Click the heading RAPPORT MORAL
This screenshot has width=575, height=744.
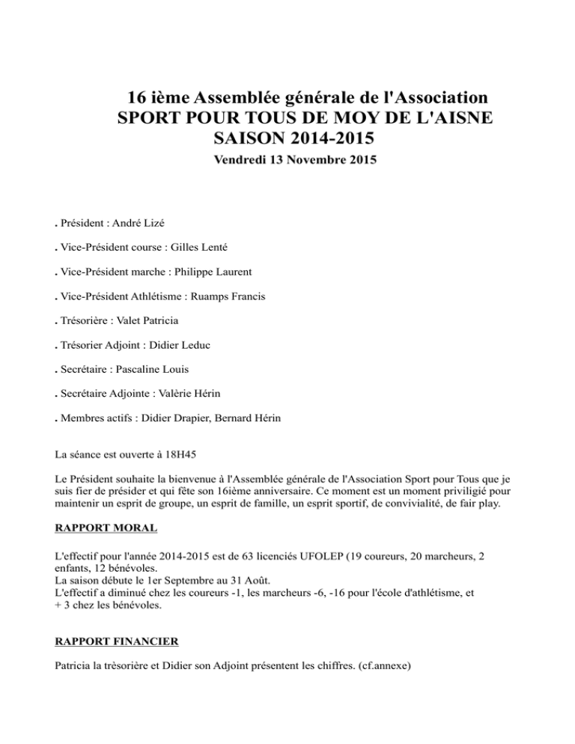106,528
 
